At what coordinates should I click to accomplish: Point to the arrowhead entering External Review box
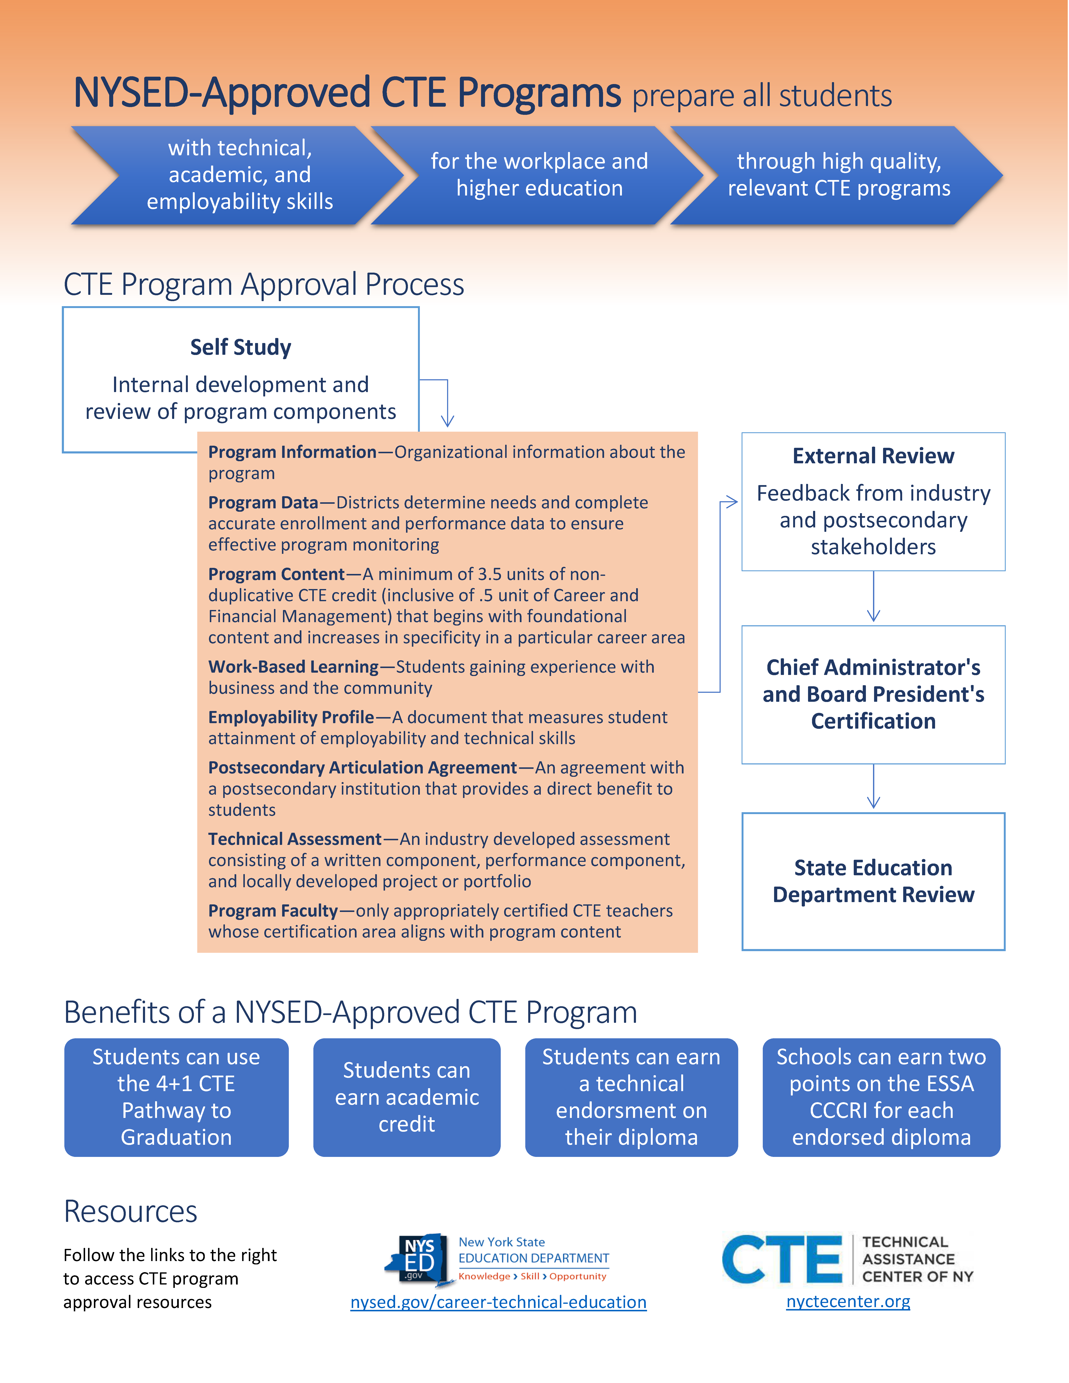coord(732,502)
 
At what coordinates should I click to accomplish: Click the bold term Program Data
coord(263,503)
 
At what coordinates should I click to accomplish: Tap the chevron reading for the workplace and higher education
coord(539,175)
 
